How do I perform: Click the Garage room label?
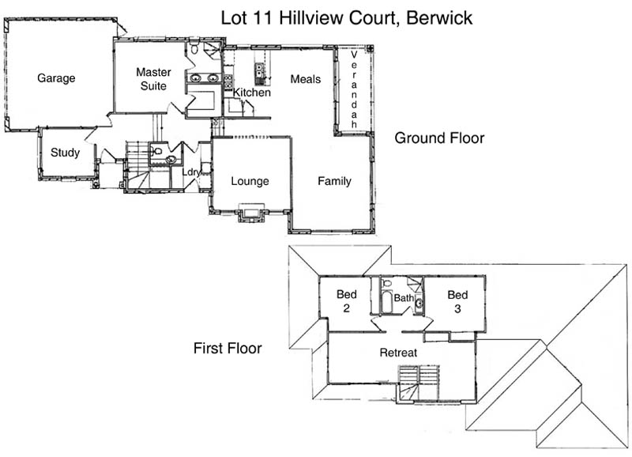click(x=56, y=78)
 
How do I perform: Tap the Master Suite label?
click(x=153, y=79)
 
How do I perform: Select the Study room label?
click(x=65, y=153)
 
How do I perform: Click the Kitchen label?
click(x=252, y=93)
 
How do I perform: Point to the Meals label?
click(x=305, y=79)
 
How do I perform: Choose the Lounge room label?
click(x=250, y=181)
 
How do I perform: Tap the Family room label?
click(x=334, y=181)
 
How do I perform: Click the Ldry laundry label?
click(x=191, y=172)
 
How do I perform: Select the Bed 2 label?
click(x=347, y=301)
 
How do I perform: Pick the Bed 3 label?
click(x=457, y=301)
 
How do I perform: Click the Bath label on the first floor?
click(x=403, y=298)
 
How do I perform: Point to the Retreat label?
click(x=397, y=352)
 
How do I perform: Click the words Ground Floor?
click(x=439, y=138)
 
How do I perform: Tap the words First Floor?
click(x=228, y=348)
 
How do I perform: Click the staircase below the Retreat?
click(x=417, y=383)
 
